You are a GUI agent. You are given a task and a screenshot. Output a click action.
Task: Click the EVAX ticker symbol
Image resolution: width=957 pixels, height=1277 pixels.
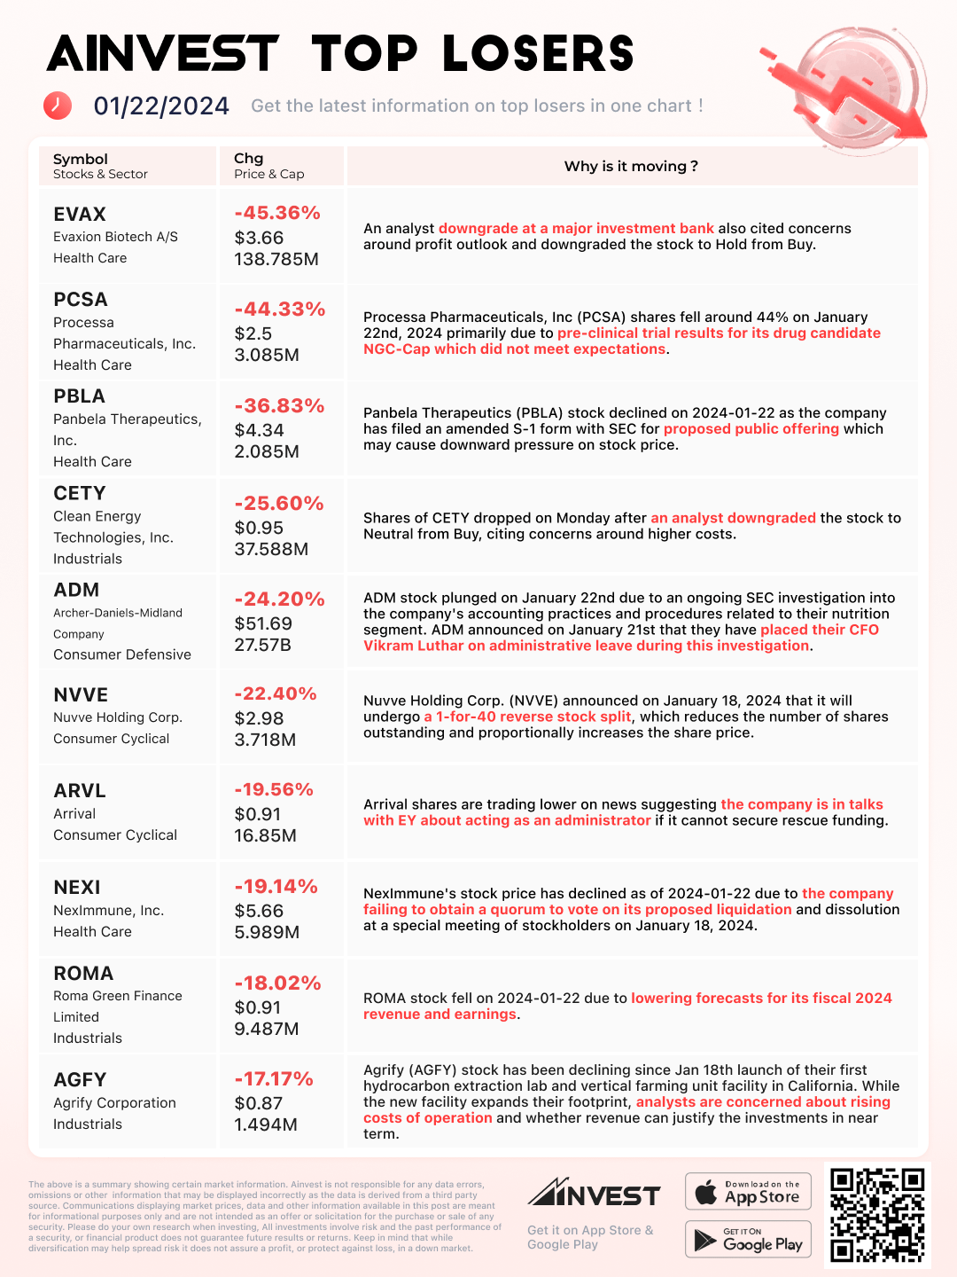tap(80, 215)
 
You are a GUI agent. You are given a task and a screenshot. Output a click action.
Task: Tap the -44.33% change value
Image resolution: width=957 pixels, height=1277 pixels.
tap(279, 309)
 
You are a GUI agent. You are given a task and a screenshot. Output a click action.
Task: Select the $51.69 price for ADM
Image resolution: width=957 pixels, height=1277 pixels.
tap(263, 623)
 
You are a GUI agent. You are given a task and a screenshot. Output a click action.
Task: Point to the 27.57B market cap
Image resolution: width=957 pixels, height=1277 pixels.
tap(262, 645)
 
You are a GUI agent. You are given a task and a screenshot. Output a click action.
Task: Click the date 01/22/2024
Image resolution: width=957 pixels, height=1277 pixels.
tap(161, 106)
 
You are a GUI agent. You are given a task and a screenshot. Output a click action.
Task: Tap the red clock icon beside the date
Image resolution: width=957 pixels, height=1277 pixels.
tap(58, 106)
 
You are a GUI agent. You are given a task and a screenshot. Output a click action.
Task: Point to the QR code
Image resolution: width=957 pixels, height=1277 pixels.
tap(877, 1214)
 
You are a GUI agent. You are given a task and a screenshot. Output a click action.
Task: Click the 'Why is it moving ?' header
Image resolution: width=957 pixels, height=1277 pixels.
tap(631, 166)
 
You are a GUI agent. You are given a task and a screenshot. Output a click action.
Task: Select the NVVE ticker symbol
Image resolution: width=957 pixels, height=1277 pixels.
tap(81, 695)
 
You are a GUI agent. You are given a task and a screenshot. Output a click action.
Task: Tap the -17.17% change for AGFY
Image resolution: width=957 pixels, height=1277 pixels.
tap(274, 1079)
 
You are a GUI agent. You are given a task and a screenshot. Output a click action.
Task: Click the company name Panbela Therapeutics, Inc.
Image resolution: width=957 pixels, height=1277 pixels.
tap(127, 429)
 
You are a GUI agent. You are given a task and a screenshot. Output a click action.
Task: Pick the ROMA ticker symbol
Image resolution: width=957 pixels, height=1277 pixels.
tap(83, 974)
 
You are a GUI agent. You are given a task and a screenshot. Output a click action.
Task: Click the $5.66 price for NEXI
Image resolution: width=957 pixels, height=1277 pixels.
tap(259, 911)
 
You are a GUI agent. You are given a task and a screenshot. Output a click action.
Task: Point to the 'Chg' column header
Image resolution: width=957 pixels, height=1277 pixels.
tap(249, 159)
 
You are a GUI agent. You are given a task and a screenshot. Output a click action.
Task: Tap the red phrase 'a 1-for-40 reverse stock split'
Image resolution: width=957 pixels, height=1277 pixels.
tap(527, 717)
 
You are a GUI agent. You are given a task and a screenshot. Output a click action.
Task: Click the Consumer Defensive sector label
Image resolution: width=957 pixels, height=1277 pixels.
tap(122, 654)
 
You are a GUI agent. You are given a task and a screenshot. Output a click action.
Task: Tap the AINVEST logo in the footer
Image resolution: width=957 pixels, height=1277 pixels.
tap(594, 1194)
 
